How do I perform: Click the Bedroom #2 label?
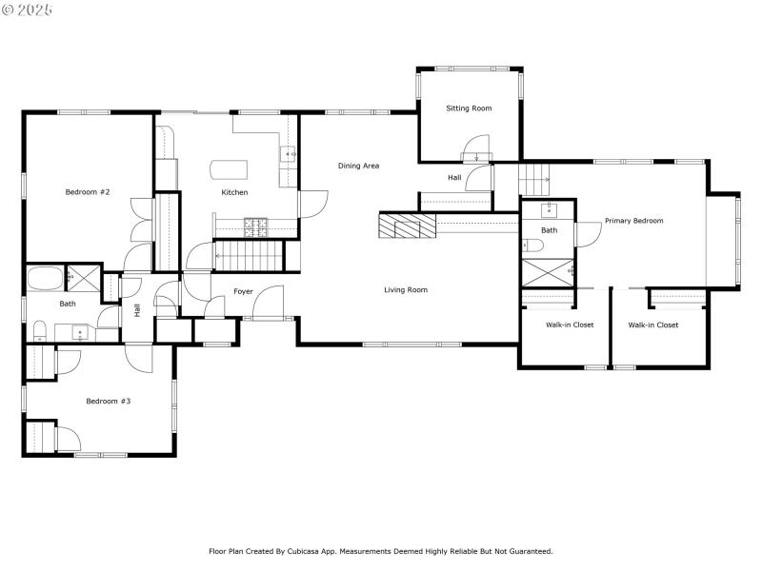(88, 192)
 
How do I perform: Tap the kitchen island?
(228, 169)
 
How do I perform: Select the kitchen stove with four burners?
(256, 226)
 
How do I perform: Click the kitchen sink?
(288, 154)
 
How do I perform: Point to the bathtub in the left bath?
(45, 279)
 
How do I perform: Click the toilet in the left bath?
(40, 330)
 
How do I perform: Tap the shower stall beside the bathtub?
(83, 278)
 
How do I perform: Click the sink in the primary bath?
(550, 209)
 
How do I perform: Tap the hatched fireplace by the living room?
(401, 226)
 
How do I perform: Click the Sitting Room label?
(469, 108)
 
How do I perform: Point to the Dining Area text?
(358, 166)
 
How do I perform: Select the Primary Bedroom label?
(633, 221)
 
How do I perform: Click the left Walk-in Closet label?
(570, 325)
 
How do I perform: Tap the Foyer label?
(243, 291)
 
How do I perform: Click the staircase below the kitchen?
(250, 255)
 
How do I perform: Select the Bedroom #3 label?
(108, 402)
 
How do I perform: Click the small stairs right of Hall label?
(534, 177)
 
